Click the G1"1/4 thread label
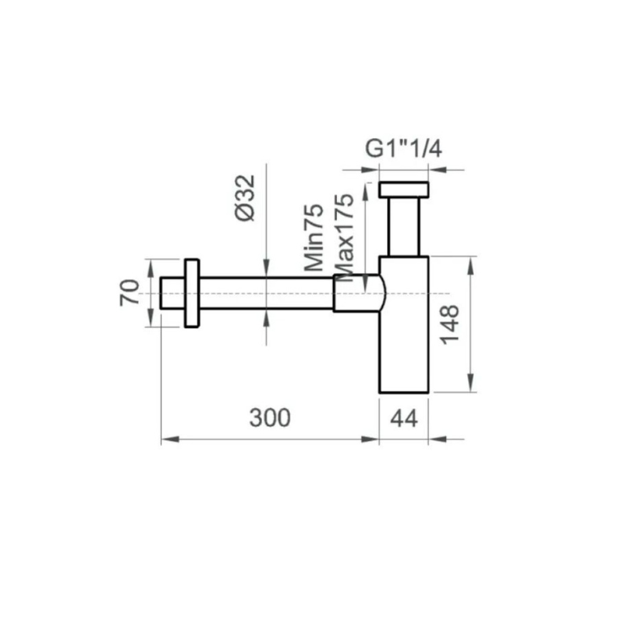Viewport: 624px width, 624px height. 403,150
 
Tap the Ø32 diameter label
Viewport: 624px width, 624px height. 245,198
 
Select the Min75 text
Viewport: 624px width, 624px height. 314,238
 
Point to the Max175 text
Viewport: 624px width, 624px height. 343,238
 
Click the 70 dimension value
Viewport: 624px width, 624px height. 130,292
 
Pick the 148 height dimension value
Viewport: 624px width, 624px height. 450,324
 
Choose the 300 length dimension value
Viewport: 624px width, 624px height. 270,418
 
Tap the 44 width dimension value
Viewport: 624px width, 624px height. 404,419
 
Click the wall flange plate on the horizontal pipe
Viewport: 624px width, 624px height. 192,293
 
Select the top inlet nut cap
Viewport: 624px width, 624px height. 404,190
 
